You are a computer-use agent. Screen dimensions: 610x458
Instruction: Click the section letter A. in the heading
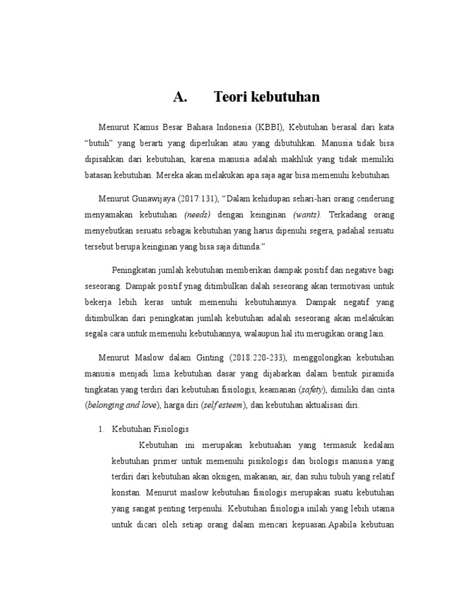180,97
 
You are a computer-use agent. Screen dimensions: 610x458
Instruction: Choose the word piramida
375,373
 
